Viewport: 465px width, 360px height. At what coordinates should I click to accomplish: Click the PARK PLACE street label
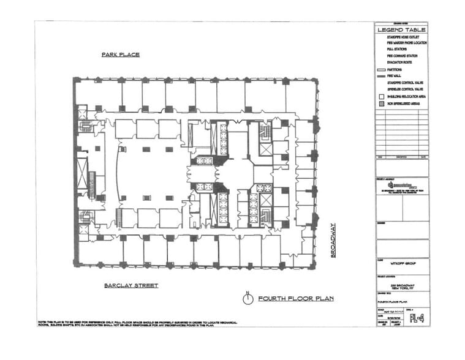click(x=120, y=54)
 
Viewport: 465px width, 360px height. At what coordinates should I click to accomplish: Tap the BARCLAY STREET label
click(x=131, y=285)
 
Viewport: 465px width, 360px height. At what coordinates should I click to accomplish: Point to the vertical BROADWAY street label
click(x=334, y=240)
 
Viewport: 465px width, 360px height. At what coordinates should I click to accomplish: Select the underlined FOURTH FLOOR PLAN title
click(x=290, y=299)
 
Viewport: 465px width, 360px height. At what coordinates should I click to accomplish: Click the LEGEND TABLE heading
click(x=401, y=29)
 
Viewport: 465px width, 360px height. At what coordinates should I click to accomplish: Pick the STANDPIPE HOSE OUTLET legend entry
click(x=406, y=38)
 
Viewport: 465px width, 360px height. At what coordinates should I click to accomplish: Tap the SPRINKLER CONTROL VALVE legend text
click(x=408, y=88)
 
